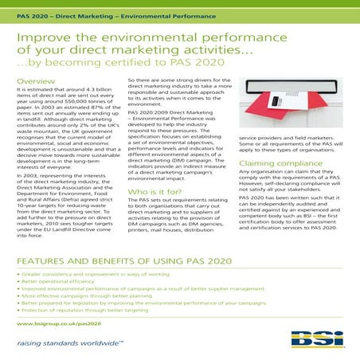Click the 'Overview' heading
pyautogui.click(x=35, y=82)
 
